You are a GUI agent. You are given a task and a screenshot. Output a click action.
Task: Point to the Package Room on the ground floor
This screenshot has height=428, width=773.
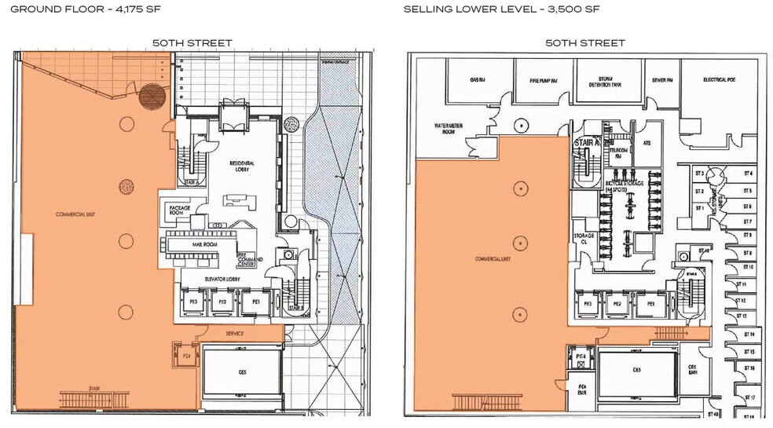point(175,209)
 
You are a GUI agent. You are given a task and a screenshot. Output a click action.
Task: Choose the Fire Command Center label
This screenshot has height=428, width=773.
point(248,259)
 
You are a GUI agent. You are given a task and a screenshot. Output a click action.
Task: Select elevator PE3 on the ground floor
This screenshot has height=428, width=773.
point(193,301)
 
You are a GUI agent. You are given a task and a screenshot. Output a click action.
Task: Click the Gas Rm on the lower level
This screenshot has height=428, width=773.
point(478,80)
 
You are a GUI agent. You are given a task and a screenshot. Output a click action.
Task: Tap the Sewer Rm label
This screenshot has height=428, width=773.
point(658,80)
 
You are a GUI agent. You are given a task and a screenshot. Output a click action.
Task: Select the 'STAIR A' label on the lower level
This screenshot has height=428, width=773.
point(584,143)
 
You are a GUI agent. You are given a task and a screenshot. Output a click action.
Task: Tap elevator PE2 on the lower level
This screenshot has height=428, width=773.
point(617,303)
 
